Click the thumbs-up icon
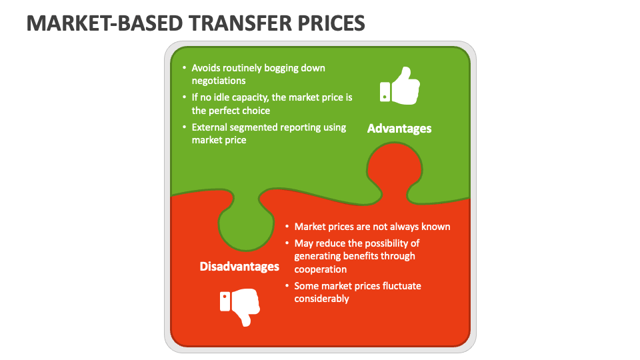tap(400, 85)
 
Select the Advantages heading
tap(399, 128)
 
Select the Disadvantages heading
tap(239, 267)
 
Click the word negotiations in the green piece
tap(219, 81)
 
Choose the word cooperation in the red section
tap(321, 269)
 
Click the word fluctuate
tap(399, 286)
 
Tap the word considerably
tap(322, 299)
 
